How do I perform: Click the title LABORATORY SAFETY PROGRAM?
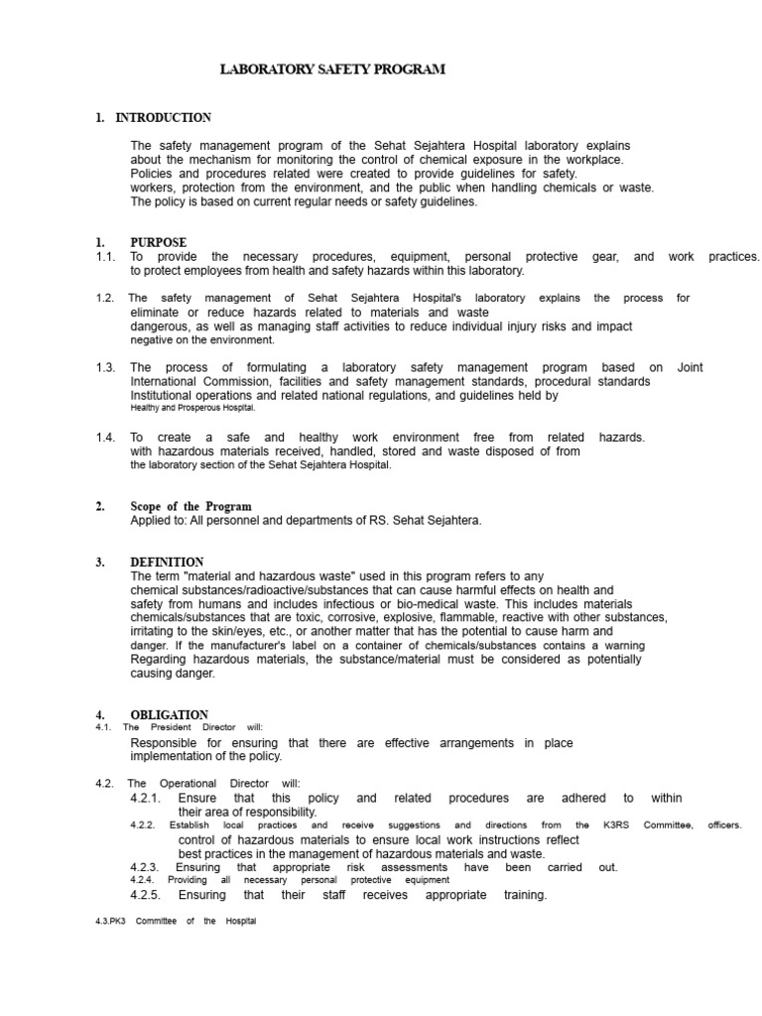[x=332, y=69]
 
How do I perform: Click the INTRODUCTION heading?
[x=163, y=118]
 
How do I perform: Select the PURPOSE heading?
[x=158, y=242]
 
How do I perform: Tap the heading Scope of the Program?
[x=190, y=507]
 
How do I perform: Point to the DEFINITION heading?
[x=167, y=562]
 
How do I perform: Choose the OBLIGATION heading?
[x=169, y=714]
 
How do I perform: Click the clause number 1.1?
[x=105, y=257]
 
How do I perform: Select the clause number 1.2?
[x=105, y=298]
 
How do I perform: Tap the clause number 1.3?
[x=105, y=367]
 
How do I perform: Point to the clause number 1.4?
[x=105, y=437]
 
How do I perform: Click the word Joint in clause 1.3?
[x=690, y=367]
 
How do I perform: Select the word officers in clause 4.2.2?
[x=724, y=825]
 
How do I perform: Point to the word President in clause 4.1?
[x=171, y=727]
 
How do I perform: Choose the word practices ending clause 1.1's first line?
[x=734, y=257]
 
